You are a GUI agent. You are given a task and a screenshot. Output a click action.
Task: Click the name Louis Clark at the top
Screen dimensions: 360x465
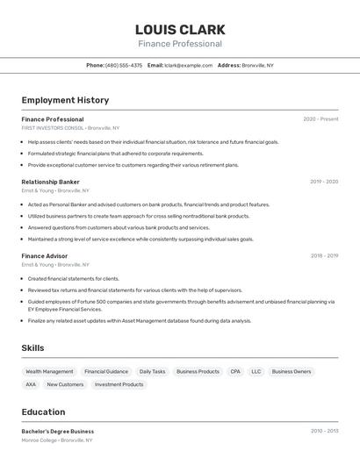click(x=180, y=29)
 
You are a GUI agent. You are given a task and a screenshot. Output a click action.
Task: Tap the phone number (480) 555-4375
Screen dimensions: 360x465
click(x=124, y=65)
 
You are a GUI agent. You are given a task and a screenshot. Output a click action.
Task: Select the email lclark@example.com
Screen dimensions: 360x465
click(x=188, y=65)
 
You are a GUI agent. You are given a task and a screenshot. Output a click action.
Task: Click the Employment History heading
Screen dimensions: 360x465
click(x=65, y=100)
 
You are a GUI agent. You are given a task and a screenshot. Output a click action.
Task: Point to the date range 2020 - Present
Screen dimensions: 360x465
click(x=320, y=119)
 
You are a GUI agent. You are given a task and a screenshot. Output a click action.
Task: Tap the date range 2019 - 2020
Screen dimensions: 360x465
click(x=324, y=182)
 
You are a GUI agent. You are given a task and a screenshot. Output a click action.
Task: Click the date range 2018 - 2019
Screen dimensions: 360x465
click(x=324, y=256)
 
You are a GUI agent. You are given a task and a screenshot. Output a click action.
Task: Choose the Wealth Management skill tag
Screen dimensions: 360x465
click(x=49, y=371)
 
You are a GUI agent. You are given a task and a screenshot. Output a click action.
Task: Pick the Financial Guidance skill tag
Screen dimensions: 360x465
click(x=106, y=371)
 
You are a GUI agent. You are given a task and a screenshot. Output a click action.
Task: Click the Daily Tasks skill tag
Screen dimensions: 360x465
click(x=153, y=371)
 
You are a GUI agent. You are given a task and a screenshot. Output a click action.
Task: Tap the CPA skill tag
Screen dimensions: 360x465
click(x=235, y=371)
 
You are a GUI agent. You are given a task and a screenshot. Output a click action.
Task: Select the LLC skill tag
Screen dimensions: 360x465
click(x=256, y=371)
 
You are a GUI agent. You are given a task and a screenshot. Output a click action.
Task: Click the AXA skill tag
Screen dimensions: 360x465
click(x=31, y=384)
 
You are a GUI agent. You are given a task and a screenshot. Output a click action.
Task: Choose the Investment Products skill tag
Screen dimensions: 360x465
click(x=119, y=384)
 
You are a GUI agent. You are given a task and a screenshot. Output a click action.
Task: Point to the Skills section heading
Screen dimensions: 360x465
click(x=32, y=348)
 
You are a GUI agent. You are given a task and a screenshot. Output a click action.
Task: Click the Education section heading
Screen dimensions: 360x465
click(x=43, y=411)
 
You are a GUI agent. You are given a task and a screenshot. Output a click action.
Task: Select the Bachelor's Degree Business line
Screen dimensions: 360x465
click(x=58, y=432)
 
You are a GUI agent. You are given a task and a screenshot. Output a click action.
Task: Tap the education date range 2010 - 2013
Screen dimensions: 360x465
click(x=324, y=432)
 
